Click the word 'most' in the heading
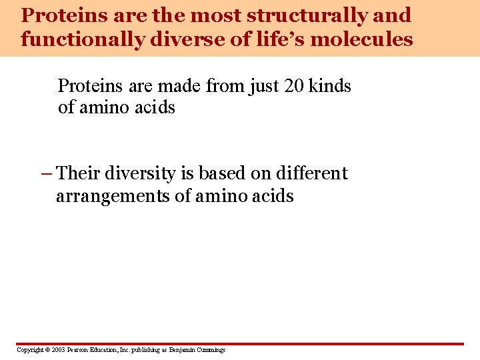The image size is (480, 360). [x=217, y=15]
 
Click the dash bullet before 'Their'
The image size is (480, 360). [x=46, y=174]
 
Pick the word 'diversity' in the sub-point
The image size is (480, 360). [x=137, y=173]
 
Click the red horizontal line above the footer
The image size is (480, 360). [x=240, y=344]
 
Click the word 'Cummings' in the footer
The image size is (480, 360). [x=210, y=350]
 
